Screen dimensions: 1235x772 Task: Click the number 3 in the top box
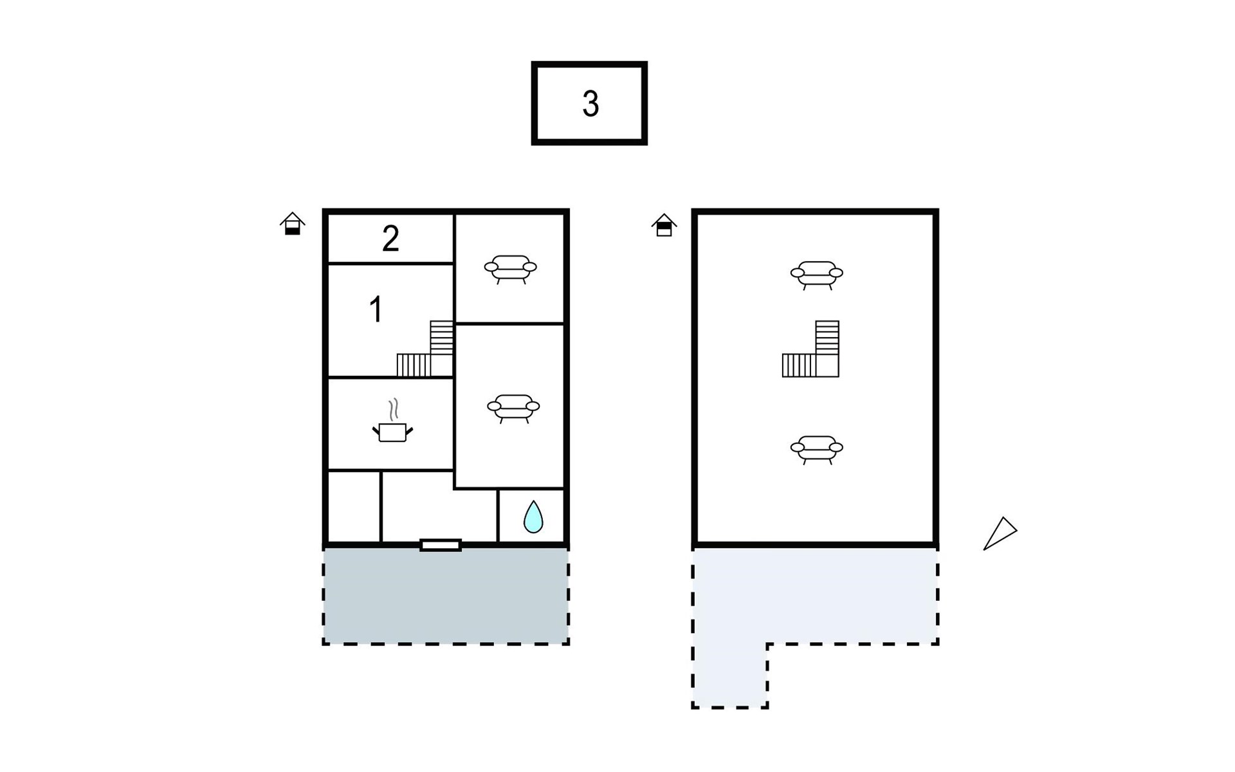590,104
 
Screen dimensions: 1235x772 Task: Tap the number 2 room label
390,239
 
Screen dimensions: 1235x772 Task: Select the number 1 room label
376,309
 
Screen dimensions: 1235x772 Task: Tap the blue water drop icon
533,517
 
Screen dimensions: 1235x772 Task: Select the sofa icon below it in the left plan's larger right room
513,409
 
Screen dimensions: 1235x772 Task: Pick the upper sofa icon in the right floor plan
817,275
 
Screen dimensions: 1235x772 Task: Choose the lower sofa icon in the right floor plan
817,450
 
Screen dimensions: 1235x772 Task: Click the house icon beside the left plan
293,224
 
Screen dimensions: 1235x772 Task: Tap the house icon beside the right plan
664,225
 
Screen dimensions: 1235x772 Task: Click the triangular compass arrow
1000,533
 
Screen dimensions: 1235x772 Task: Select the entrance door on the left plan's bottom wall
441,546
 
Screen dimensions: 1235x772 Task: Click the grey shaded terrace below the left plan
446,596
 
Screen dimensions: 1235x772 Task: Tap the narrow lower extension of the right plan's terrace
730,675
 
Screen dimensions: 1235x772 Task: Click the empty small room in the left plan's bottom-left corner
354,507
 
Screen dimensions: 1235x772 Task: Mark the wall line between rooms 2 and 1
390,263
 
